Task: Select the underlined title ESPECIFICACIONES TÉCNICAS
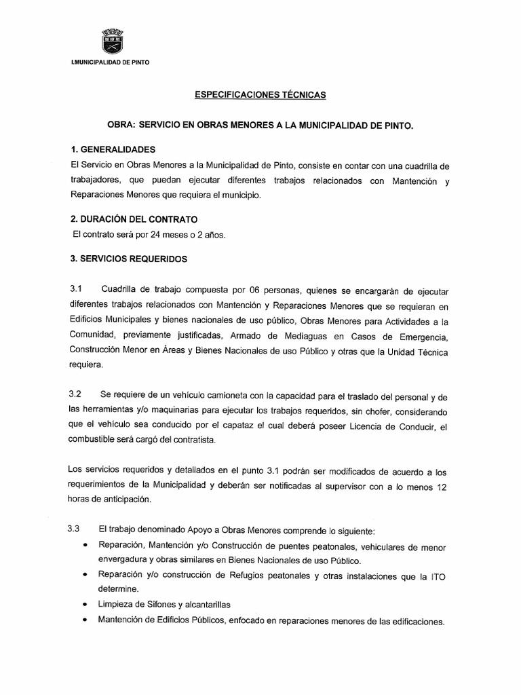(260, 95)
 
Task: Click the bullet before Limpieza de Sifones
(84, 603)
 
